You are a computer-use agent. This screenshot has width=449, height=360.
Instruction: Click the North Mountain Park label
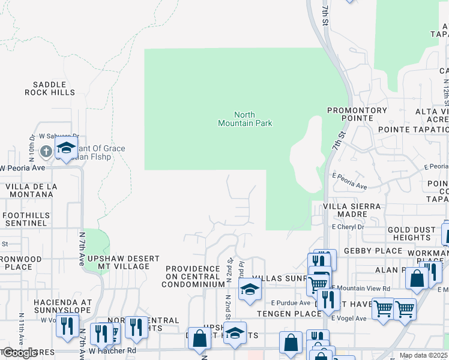[245, 119]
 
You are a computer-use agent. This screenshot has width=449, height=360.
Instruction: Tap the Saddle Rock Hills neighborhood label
[50, 88]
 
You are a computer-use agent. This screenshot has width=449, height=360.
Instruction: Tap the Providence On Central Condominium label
[194, 277]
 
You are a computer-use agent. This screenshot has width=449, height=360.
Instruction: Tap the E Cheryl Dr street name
[348, 227]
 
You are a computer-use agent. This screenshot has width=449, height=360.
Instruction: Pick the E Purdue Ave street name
[290, 303]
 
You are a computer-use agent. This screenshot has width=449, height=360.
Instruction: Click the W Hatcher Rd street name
[112, 350]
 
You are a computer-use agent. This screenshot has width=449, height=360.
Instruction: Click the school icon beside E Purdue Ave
[249, 289]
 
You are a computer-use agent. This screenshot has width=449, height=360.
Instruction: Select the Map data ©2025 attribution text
[423, 355]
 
